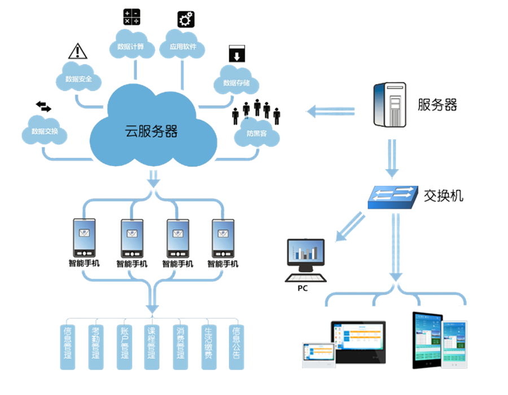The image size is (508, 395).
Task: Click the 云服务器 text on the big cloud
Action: pyautogui.click(x=151, y=131)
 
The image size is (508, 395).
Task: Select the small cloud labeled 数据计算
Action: pyautogui.click(x=131, y=47)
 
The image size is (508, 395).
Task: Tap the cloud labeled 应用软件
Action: pyautogui.click(x=183, y=47)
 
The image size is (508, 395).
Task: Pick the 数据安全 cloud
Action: pyautogui.click(x=79, y=80)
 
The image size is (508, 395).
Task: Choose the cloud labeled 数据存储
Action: pyautogui.click(x=237, y=82)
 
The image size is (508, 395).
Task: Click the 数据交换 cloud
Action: pyautogui.click(x=45, y=131)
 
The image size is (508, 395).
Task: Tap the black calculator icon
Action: pyautogui.click(x=131, y=17)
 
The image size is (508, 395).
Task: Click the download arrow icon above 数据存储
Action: pyautogui.click(x=236, y=55)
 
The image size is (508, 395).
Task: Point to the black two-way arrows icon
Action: pyautogui.click(x=43, y=106)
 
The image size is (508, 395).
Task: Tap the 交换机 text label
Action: pyautogui.click(x=444, y=196)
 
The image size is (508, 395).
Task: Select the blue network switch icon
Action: pyautogui.click(x=393, y=197)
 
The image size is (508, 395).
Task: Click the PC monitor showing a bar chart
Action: pyautogui.click(x=306, y=254)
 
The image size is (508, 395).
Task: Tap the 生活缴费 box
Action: pyautogui.click(x=208, y=346)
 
